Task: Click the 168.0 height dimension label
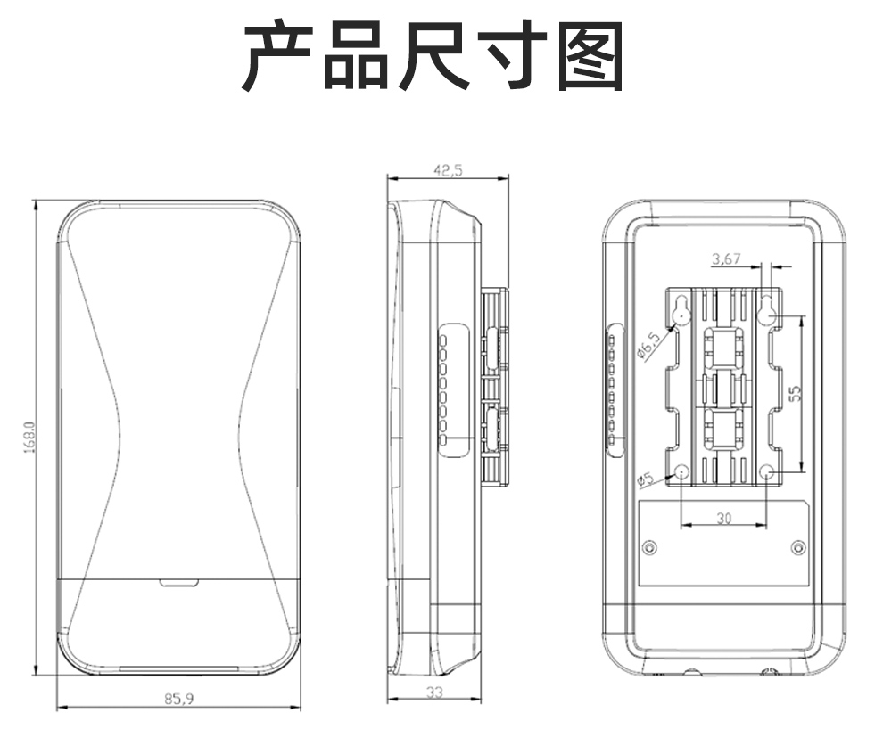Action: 29,438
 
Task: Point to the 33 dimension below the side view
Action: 434,692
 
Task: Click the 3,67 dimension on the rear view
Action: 726,259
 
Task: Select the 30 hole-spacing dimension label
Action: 723,518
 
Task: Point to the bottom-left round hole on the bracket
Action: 681,473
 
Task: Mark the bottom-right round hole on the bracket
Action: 768,473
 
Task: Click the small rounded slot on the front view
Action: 178,583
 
